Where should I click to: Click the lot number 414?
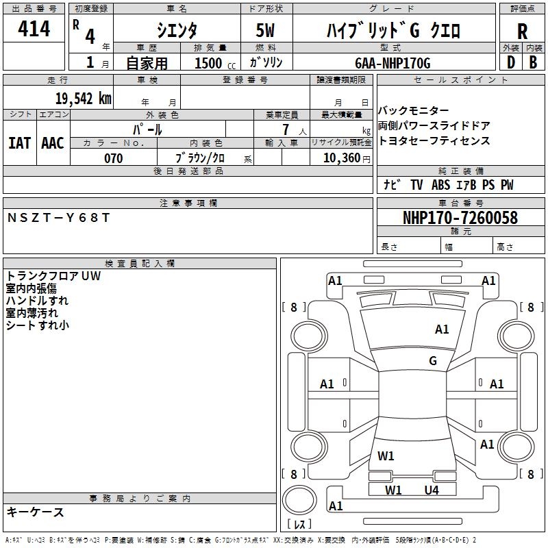(34, 29)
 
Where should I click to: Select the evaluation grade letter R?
(522, 32)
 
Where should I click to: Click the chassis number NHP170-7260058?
(460, 218)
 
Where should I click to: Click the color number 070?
(113, 158)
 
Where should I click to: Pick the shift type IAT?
(19, 142)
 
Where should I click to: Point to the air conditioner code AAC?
(53, 142)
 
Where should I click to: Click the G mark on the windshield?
(432, 361)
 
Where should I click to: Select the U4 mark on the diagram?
(431, 490)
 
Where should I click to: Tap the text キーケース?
(36, 512)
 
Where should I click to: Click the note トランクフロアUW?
(53, 276)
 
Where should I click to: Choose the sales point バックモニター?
(414, 111)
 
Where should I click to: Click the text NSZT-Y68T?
(58, 218)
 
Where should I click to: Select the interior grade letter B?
(533, 63)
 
